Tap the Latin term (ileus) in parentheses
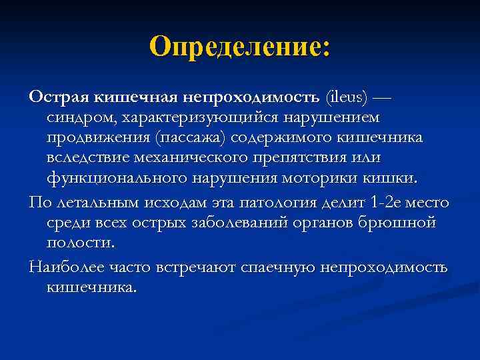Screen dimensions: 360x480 [347, 97]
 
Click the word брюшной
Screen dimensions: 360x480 [399, 222]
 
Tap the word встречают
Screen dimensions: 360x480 [189, 267]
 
